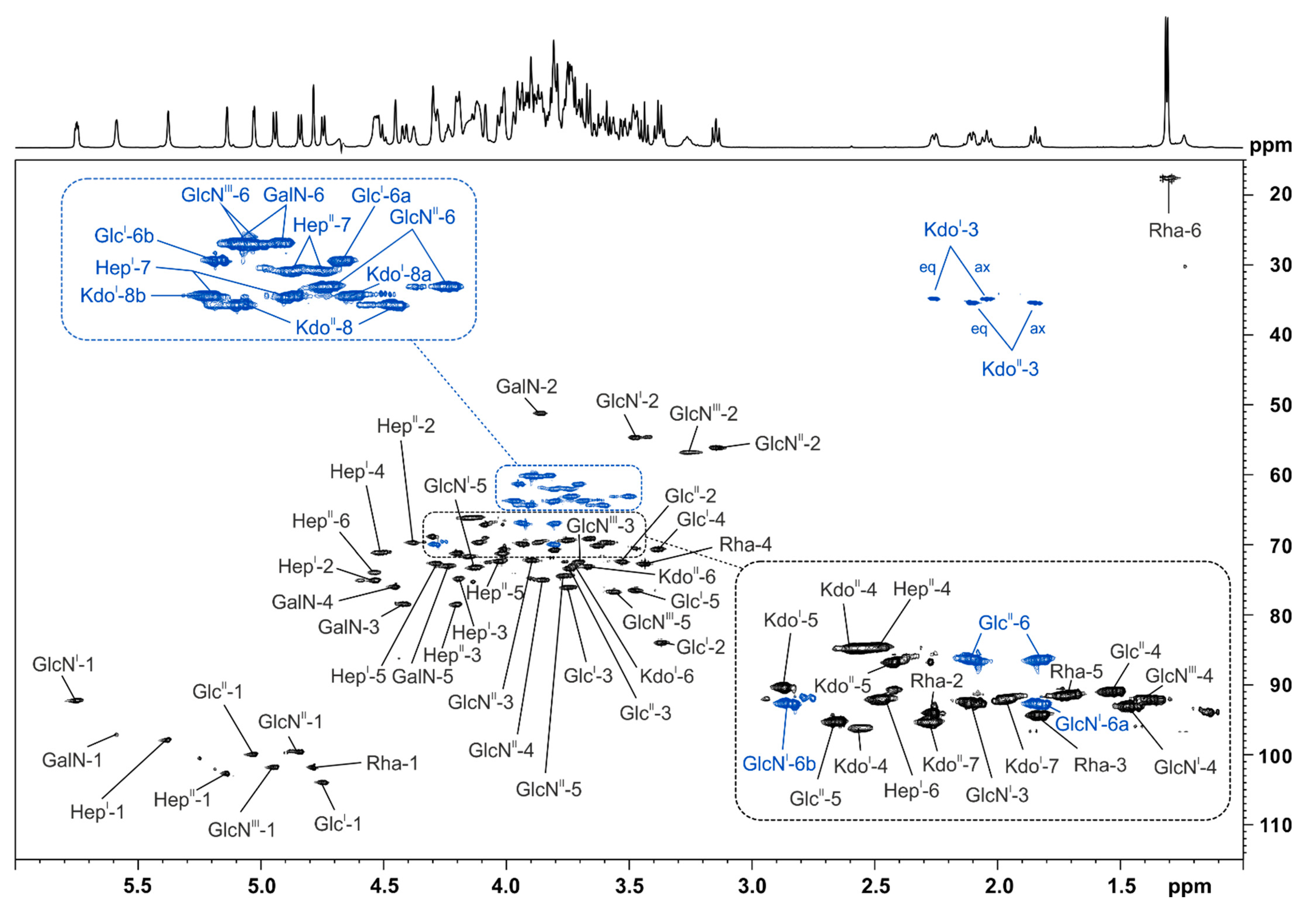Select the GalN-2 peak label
[x=526, y=386]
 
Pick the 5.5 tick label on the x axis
[x=138, y=886]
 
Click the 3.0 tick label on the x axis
[x=752, y=886]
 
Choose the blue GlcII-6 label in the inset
[x=1004, y=623]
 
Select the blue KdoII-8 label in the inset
[x=324, y=327]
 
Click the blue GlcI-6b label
[x=124, y=236]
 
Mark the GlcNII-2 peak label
[x=787, y=444]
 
